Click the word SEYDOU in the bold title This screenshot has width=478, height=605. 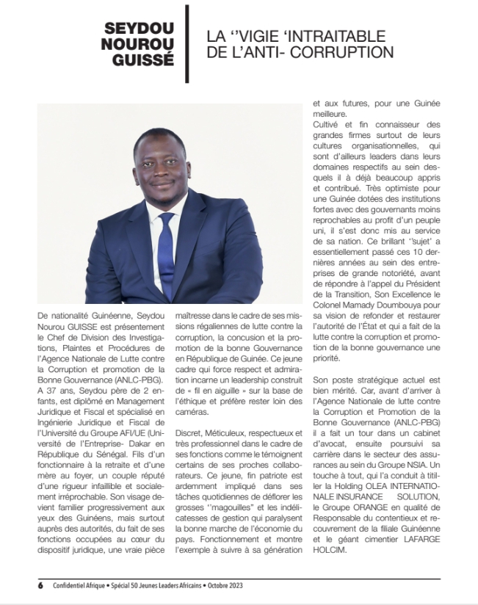click(x=140, y=29)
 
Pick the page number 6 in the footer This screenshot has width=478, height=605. click(x=40, y=585)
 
